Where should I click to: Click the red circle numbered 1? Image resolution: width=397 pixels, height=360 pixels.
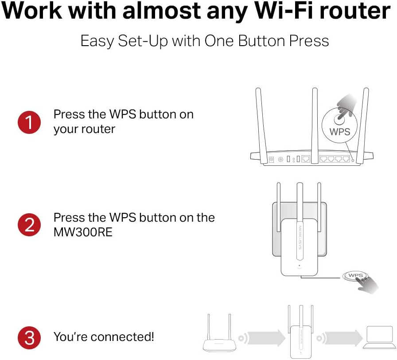pos(29,122)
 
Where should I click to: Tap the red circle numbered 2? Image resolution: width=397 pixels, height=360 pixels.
pos(29,225)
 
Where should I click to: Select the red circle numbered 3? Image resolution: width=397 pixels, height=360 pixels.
pos(29,338)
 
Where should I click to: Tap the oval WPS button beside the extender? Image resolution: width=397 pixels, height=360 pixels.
pos(355,276)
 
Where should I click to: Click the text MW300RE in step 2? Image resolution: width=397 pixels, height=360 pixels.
pos(83,232)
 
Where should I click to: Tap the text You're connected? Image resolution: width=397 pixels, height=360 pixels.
pos(104,337)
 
